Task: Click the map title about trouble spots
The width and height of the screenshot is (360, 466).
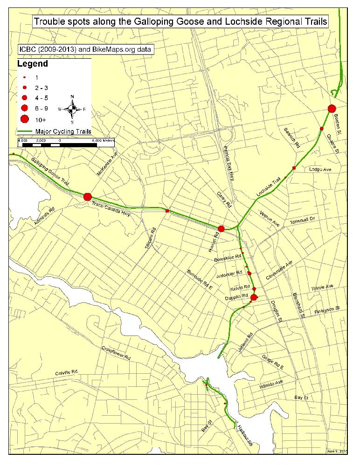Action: [180, 21]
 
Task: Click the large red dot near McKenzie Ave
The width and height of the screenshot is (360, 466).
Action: [87, 197]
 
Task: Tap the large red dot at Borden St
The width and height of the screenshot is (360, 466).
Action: [332, 109]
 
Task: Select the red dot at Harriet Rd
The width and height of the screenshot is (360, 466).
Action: [222, 228]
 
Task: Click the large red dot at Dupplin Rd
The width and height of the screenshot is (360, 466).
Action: [254, 297]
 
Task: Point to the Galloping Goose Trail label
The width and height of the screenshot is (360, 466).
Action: [50, 172]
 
